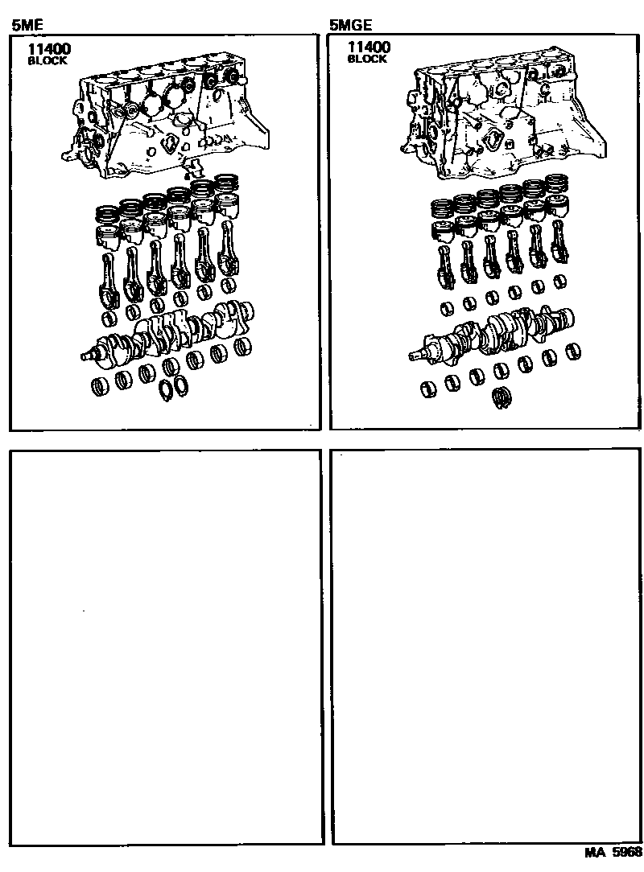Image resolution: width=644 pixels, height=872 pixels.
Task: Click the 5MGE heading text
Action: coord(350,24)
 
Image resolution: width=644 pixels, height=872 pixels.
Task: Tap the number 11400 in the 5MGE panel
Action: coord(369,47)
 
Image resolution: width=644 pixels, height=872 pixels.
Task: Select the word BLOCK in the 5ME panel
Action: coord(47,60)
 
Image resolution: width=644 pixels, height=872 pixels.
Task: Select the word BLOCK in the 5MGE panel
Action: coord(367,59)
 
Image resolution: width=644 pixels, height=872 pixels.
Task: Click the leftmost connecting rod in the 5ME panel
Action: coord(107,281)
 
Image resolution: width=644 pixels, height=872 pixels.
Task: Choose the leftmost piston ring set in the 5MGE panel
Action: coord(443,211)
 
